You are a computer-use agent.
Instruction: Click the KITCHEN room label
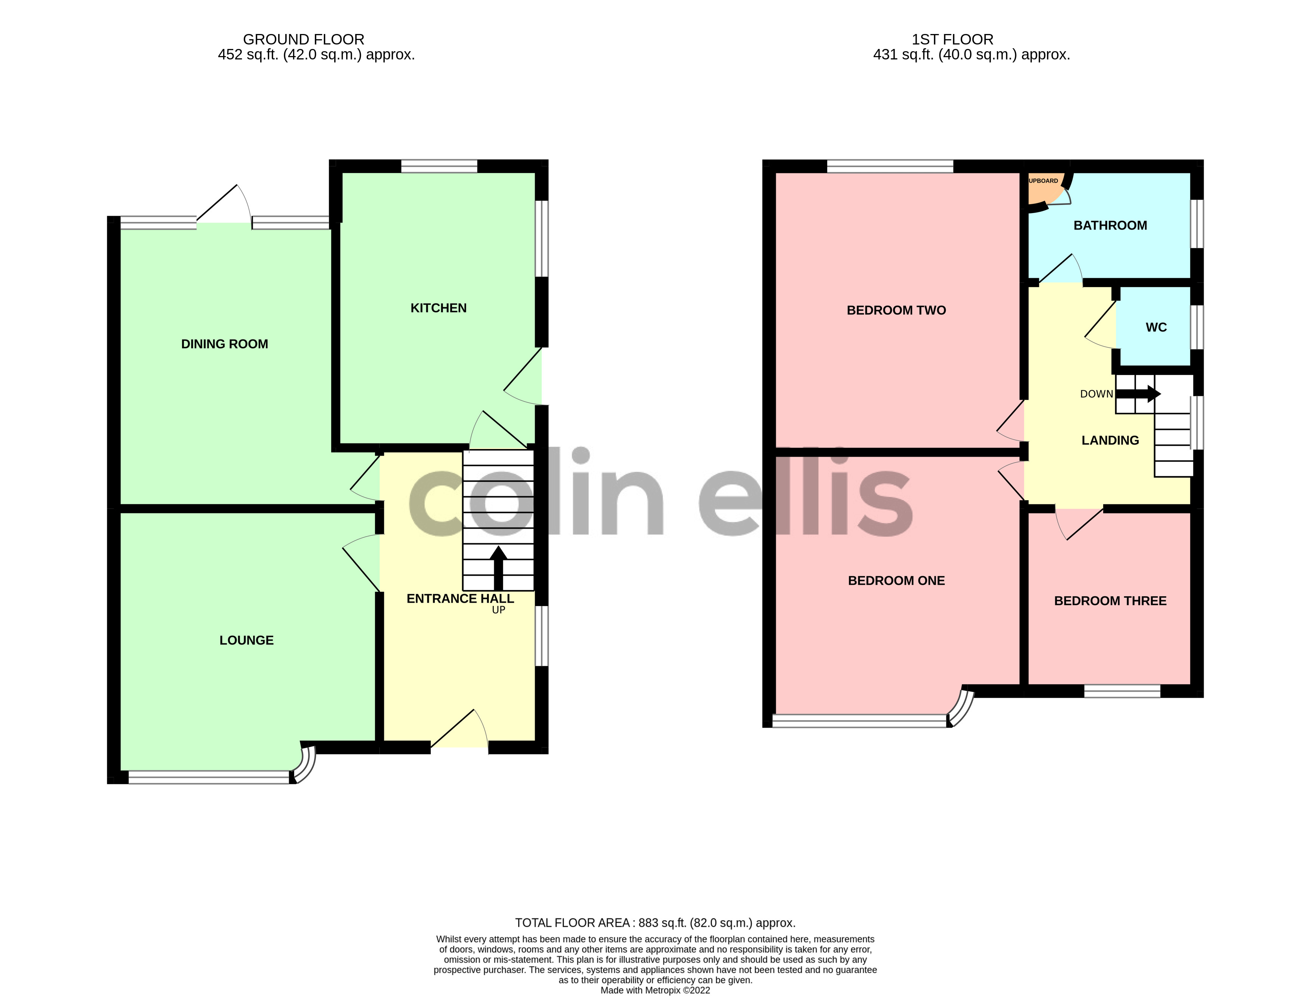click(x=438, y=308)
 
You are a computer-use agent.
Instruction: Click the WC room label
click(x=1156, y=327)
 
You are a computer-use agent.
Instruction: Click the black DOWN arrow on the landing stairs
click(x=1138, y=394)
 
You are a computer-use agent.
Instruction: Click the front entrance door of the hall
click(x=459, y=729)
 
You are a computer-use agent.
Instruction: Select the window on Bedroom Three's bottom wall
click(x=1122, y=691)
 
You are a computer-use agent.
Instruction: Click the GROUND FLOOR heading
click(x=304, y=40)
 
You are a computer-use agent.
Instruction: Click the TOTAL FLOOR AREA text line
click(x=655, y=922)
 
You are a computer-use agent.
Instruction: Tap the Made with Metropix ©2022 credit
click(x=655, y=990)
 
